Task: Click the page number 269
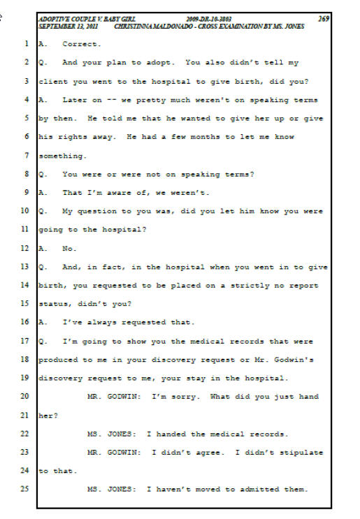coord(324,19)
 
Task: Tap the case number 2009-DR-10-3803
coord(208,20)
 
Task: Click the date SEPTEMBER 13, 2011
coord(68,27)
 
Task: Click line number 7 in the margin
coord(27,155)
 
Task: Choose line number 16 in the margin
coord(25,322)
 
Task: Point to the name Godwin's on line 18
coord(294,360)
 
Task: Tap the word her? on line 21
coord(48,416)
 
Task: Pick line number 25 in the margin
coord(25,488)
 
